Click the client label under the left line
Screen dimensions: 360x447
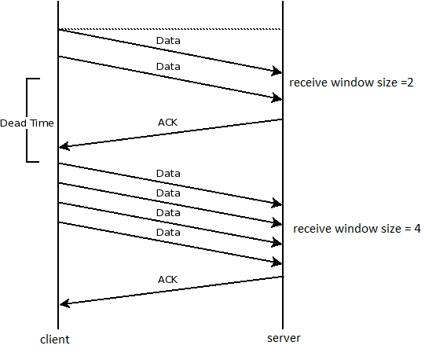tap(55, 340)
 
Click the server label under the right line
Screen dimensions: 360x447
tap(283, 338)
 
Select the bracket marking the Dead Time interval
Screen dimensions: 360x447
tap(28, 119)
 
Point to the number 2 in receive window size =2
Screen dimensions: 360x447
tap(403, 83)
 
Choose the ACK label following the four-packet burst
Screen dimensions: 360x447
tap(167, 279)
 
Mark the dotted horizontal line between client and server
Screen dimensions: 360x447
tap(169, 29)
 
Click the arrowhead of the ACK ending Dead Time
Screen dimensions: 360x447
tap(64, 146)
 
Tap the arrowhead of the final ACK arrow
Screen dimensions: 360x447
tap(64, 304)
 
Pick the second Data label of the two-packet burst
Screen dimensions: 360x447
tap(168, 67)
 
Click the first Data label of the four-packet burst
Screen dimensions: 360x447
tap(168, 173)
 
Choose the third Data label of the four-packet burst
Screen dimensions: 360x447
tap(168, 212)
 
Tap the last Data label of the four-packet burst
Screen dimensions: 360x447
tap(168, 233)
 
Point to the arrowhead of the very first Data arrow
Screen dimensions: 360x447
tap(277, 72)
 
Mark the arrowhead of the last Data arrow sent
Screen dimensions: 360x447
tap(277, 262)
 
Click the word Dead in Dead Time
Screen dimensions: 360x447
tap(13, 123)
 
